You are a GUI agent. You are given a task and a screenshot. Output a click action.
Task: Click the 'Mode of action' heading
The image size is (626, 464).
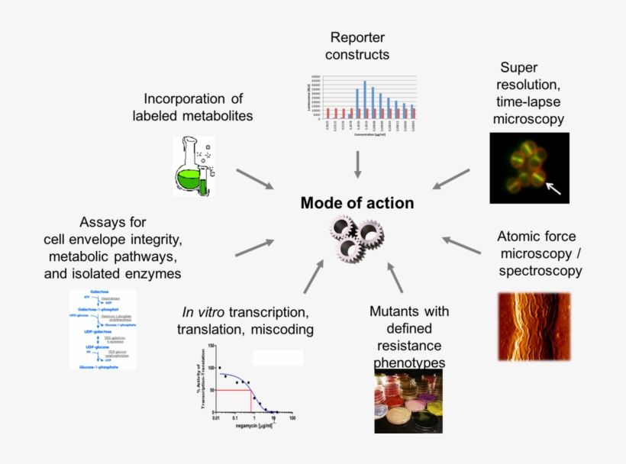pyautogui.click(x=357, y=203)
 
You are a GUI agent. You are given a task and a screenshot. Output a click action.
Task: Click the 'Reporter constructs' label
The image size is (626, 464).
pyautogui.click(x=357, y=46)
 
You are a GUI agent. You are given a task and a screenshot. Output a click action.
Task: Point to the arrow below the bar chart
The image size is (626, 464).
pyautogui.click(x=357, y=163)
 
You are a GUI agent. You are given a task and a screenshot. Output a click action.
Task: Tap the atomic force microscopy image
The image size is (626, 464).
pyautogui.click(x=534, y=327)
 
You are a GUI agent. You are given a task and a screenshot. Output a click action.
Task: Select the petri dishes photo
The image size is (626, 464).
pyautogui.click(x=408, y=401)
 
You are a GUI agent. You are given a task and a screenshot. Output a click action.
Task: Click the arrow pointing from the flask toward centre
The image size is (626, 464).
pyautogui.click(x=254, y=179)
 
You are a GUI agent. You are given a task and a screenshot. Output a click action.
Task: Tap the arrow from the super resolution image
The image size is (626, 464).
pyautogui.click(x=451, y=179)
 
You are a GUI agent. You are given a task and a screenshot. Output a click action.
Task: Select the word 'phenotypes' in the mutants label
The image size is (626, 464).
pyautogui.click(x=409, y=362)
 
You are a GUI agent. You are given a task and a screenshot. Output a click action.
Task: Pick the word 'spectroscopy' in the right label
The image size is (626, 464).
pyautogui.click(x=540, y=270)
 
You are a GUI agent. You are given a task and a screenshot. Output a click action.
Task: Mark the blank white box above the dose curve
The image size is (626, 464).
pyautogui.click(x=278, y=357)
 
